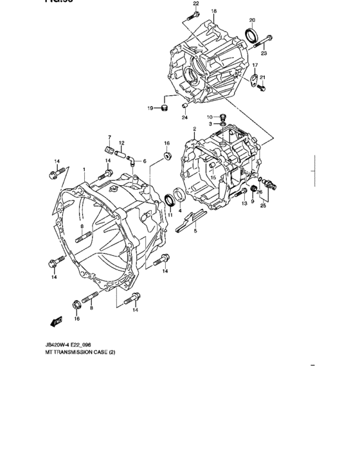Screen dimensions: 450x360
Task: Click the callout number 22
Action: [195, 4]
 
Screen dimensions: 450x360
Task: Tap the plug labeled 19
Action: [163, 106]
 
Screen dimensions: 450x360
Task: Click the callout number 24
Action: [184, 117]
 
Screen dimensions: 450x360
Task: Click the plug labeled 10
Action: [222, 116]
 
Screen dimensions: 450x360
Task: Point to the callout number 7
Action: [110, 138]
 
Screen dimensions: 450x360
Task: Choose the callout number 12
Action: [121, 143]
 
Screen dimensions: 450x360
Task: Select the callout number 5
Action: [196, 230]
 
